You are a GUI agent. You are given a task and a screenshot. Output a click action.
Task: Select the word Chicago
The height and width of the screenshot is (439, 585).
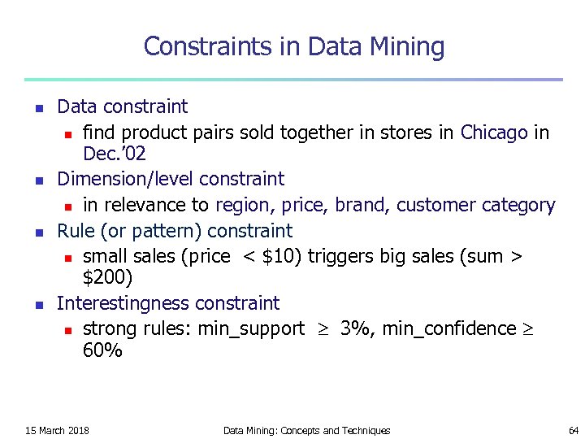[x=494, y=133]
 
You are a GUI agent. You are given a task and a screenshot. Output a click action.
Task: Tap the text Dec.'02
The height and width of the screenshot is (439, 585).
[x=115, y=153]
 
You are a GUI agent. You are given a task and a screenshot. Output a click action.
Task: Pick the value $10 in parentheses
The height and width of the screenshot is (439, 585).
[x=281, y=256]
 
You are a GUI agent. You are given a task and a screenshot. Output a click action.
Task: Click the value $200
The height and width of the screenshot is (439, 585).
[x=107, y=277]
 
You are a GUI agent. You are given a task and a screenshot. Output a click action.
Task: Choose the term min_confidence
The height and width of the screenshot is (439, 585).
[x=449, y=328]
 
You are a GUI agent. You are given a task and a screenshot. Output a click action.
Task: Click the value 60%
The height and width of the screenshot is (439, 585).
[x=102, y=351]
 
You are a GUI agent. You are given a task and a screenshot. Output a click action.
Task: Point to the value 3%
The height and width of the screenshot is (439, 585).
[x=355, y=328]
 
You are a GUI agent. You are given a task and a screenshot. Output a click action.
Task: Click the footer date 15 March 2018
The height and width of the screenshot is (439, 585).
[x=57, y=430]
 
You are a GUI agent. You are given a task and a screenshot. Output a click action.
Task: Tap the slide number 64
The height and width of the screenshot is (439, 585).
[x=572, y=430]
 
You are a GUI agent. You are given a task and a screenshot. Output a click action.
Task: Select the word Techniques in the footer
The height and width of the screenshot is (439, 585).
[x=366, y=430]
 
